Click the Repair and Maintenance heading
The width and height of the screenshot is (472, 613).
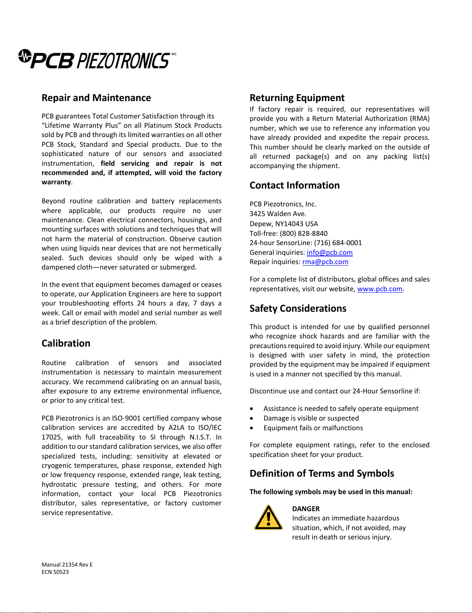pyautogui.click(x=96, y=98)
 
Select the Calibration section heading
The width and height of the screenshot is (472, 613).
pyautogui.click(x=66, y=343)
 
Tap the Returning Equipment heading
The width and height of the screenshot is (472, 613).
pyautogui.click(x=297, y=98)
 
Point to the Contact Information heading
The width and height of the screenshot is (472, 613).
pyautogui.click(x=294, y=185)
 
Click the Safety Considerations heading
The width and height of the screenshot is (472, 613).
pyautogui.click(x=298, y=308)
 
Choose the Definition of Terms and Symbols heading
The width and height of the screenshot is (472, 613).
pyautogui.click(x=322, y=473)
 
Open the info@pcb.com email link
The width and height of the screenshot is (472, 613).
pyautogui.click(x=330, y=252)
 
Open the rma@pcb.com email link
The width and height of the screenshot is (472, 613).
pyautogui.click(x=325, y=262)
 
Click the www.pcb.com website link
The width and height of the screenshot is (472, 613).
pyautogui.click(x=380, y=289)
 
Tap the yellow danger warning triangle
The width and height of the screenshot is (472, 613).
pyautogui.click(x=268, y=518)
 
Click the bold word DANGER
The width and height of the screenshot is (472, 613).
pyautogui.click(x=306, y=509)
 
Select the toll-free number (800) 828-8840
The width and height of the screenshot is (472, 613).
pyautogui.click(x=304, y=234)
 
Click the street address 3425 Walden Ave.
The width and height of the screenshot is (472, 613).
pyautogui.click(x=278, y=214)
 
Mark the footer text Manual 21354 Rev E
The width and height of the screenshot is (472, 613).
pyautogui.click(x=67, y=565)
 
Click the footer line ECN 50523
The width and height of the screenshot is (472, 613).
pyautogui.click(x=55, y=572)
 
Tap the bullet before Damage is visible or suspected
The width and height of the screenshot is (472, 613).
pyautogui.click(x=252, y=418)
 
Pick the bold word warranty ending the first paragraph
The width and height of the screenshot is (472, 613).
pyautogui.click(x=56, y=182)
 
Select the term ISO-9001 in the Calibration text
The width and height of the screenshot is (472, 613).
pyautogui.click(x=126, y=418)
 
